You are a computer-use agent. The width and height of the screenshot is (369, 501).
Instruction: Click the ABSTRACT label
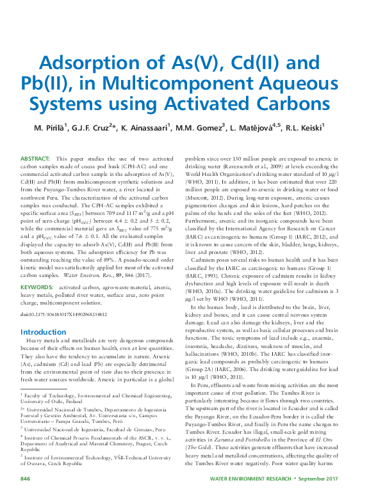(35, 157)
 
